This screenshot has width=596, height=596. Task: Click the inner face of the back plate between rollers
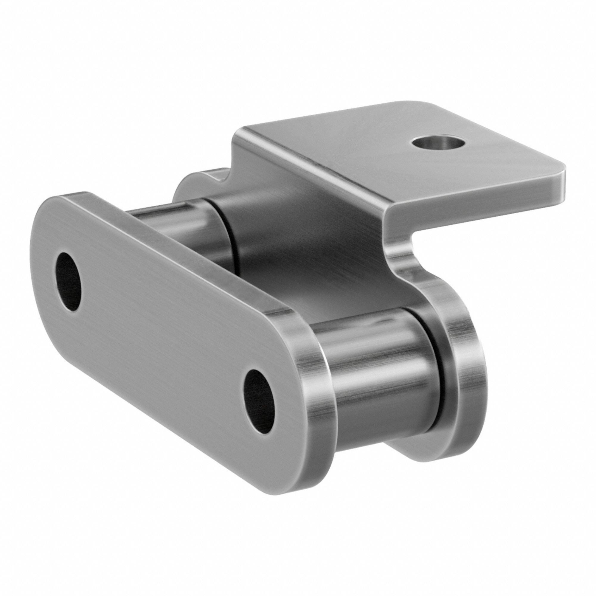click(x=308, y=256)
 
